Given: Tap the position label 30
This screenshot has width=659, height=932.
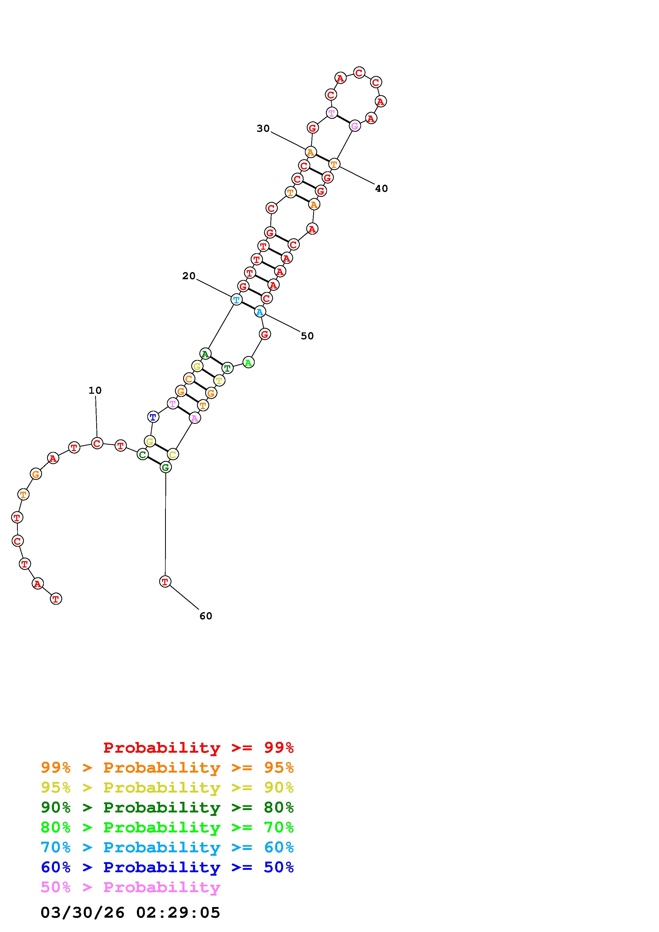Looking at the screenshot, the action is pyautogui.click(x=263, y=128).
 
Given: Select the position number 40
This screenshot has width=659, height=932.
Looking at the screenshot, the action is pyautogui.click(x=381, y=188).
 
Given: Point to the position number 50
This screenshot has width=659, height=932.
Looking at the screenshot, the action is pyautogui.click(x=307, y=336).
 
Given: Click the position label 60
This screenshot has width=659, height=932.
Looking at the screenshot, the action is pyautogui.click(x=206, y=616).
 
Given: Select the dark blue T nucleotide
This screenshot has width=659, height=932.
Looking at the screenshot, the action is pyautogui.click(x=153, y=417).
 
